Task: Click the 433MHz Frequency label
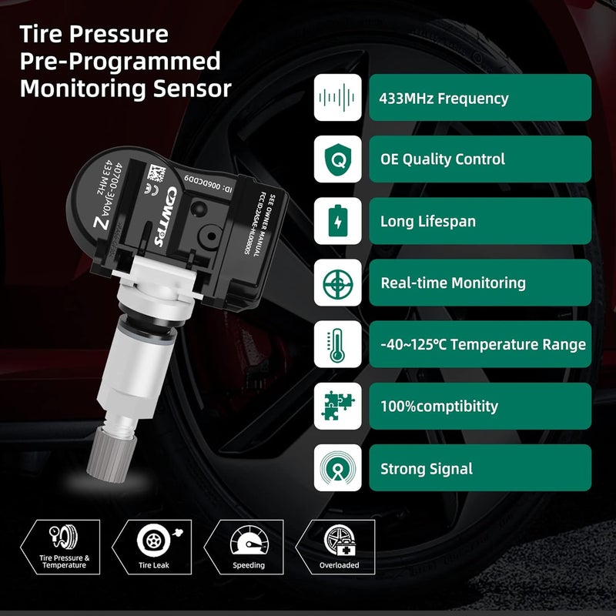(444, 99)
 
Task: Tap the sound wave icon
(338, 99)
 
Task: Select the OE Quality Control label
(443, 159)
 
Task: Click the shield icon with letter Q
(338, 160)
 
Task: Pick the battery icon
(338, 222)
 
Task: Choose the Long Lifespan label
(427, 222)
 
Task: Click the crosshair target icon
(338, 283)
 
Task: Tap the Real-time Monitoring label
(453, 283)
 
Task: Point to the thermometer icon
(338, 345)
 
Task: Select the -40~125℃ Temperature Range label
(483, 345)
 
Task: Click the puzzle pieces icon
(338, 407)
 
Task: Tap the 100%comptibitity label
(439, 407)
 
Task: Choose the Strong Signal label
(427, 468)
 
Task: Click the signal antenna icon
(338, 468)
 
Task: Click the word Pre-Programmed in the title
(120, 62)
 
